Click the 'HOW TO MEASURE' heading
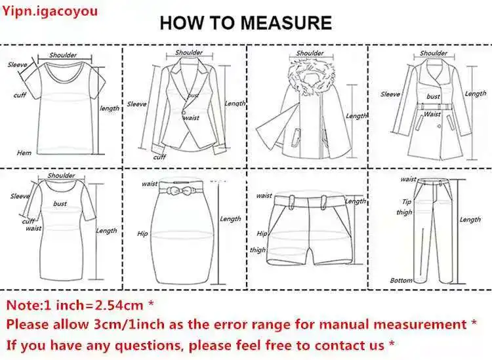click(x=246, y=23)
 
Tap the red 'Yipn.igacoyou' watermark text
click(x=51, y=11)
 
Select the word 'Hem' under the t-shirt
click(x=24, y=153)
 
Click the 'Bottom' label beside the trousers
click(x=401, y=281)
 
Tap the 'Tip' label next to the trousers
click(x=407, y=201)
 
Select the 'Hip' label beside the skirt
click(x=142, y=233)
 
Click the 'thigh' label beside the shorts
click(x=258, y=250)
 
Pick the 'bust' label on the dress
click(x=60, y=203)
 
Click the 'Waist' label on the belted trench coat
click(x=432, y=114)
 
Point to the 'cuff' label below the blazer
click(x=159, y=157)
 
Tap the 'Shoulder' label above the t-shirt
click(x=63, y=55)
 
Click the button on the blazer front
click(x=183, y=111)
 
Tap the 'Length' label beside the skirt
click(x=230, y=219)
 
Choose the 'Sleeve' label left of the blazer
click(x=137, y=104)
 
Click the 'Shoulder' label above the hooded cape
click(x=310, y=53)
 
